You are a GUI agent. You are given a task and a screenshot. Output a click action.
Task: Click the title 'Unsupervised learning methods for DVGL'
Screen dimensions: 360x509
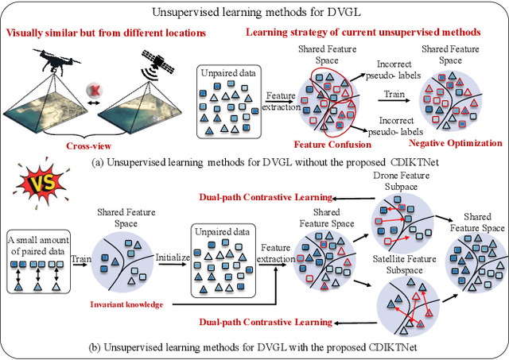[x=254, y=10]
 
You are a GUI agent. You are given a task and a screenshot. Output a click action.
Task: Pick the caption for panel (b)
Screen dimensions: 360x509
[x=254, y=346]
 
